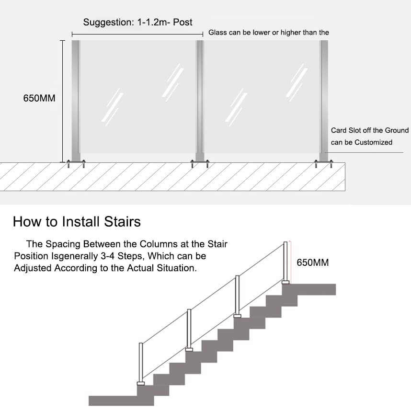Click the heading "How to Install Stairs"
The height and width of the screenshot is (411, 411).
[77, 222]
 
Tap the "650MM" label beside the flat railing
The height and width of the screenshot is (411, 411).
[39, 99]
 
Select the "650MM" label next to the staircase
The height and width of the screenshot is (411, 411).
[313, 263]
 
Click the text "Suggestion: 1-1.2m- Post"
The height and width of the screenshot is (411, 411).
[138, 22]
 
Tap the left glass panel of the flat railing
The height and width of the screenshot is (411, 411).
[138, 96]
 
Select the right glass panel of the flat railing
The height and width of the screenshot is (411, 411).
[262, 96]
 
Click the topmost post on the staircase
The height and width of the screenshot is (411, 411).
[285, 261]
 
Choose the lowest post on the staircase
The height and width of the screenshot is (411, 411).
[141, 362]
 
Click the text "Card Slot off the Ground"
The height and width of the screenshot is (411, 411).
[370, 130]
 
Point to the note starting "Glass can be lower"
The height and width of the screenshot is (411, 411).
[269, 33]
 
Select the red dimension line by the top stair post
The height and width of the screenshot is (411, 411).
[291, 261]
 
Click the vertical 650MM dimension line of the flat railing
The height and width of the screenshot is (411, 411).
[62, 101]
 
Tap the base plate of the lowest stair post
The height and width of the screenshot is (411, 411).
[141, 383]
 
